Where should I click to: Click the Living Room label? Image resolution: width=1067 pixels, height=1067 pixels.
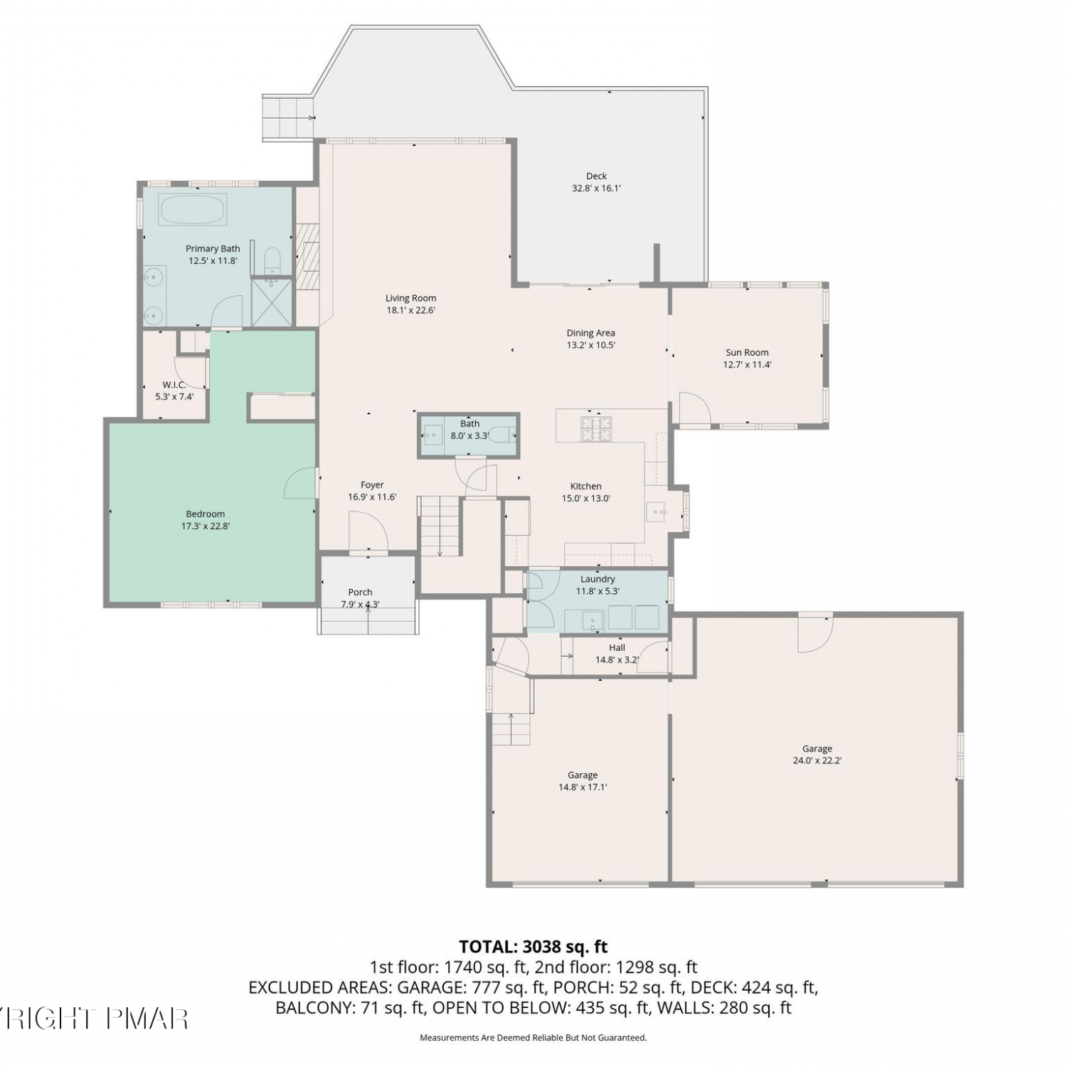coord(410,298)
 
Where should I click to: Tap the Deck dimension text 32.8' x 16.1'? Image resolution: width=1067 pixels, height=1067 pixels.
coord(597,189)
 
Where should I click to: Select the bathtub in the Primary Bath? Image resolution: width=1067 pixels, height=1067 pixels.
coord(193,210)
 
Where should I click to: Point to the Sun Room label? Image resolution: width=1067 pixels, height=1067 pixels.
coord(747,352)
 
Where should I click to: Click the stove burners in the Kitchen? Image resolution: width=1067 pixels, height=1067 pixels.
coord(597,427)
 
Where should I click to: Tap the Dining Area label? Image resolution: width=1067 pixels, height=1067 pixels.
coord(590,333)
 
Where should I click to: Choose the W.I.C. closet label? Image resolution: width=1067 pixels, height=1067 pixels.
coord(174,385)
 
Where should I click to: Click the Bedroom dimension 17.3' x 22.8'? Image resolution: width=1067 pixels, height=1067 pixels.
coord(206,526)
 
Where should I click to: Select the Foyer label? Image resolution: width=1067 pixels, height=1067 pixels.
coord(372,485)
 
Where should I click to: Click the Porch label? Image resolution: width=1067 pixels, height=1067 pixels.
coord(361,592)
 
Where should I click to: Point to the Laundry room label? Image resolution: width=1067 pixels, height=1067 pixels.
coord(598,579)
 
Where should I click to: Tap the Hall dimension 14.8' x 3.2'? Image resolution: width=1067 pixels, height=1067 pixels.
coord(617,659)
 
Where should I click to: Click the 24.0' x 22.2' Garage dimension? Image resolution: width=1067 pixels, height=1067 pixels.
coord(817,760)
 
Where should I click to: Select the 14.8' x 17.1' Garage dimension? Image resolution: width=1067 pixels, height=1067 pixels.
coord(583,787)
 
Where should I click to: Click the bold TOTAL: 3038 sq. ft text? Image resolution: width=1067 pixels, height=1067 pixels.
coord(533,947)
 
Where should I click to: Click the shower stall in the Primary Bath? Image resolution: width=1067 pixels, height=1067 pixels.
coord(272,302)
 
